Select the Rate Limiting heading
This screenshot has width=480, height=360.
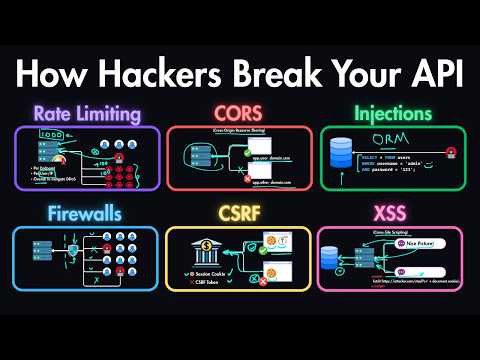[86, 115]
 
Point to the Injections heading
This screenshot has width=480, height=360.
[391, 115]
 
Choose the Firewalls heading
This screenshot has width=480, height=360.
[86, 213]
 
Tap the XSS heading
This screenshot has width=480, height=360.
[391, 213]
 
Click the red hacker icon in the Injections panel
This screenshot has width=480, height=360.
[452, 153]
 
